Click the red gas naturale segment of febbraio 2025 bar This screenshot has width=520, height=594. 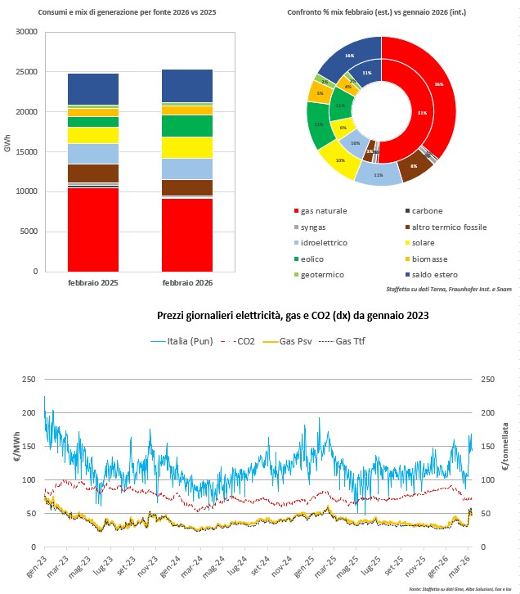pos(92,229)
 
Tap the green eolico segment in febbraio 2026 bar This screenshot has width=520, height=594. pos(186,125)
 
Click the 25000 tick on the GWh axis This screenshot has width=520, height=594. pos(27,72)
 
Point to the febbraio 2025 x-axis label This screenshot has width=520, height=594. pos(92,283)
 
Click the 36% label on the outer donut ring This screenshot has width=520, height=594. pos(439,83)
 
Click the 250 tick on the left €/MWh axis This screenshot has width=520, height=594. pos(28,380)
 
